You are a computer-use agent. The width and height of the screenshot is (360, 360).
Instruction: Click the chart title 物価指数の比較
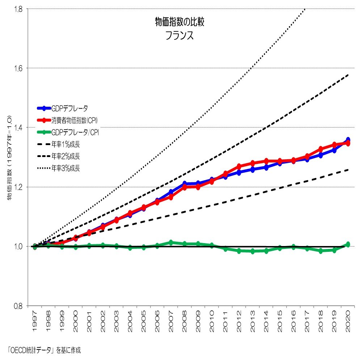click(x=179, y=22)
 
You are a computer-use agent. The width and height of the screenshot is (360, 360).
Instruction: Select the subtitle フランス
click(x=179, y=36)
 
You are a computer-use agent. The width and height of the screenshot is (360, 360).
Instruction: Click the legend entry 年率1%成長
click(x=65, y=144)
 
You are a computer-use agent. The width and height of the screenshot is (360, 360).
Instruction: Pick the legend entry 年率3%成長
click(x=65, y=168)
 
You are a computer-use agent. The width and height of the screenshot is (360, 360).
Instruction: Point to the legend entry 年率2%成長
click(x=65, y=156)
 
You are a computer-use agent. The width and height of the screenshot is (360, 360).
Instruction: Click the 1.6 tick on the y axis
click(x=18, y=68)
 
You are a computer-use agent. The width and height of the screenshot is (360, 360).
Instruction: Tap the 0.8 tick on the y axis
click(x=18, y=306)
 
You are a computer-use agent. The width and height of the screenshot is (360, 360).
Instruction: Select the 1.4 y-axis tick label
click(x=18, y=127)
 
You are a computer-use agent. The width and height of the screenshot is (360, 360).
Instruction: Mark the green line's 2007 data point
click(x=171, y=242)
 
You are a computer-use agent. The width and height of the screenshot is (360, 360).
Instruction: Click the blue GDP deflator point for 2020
click(x=348, y=140)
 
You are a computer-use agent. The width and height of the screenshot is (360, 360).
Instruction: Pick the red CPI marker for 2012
click(x=239, y=166)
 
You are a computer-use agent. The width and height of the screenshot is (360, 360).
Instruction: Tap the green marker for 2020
click(x=348, y=244)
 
